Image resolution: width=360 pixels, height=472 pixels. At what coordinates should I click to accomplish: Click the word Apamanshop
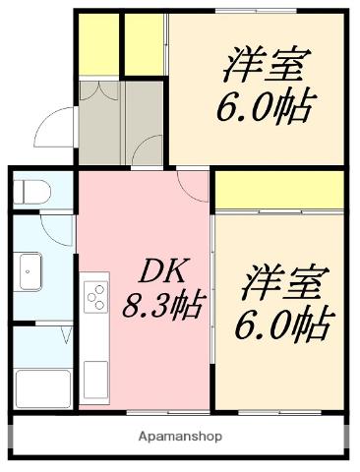coord(180,436)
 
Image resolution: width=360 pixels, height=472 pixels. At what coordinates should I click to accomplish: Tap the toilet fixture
coord(31,191)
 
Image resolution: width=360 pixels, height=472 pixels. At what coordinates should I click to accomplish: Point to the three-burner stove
coord(96,296)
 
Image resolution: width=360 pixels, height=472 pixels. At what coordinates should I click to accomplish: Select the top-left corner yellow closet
coord(97,44)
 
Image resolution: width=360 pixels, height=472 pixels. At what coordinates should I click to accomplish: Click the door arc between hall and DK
coord(147,151)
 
